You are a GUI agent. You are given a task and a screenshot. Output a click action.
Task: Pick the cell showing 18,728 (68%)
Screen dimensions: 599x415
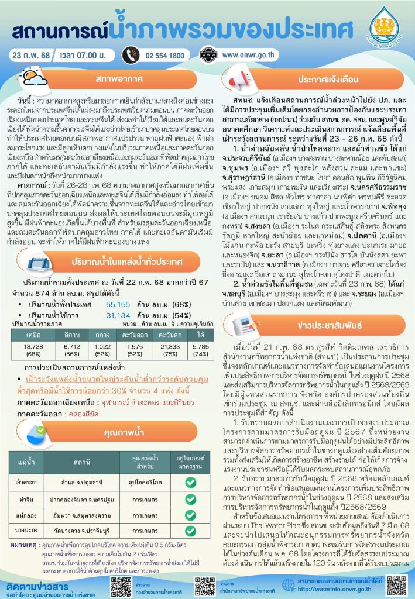click(33, 349)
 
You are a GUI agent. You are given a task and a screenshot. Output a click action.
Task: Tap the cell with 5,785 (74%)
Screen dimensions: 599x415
click(188, 349)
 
